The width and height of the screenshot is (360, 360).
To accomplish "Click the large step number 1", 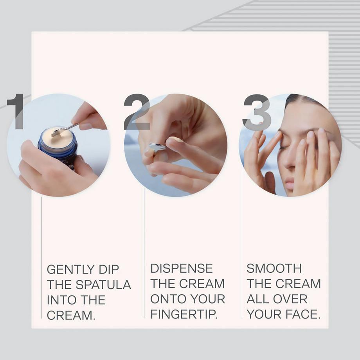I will click(16, 112).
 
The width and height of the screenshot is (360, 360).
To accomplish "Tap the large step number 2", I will click(137, 112).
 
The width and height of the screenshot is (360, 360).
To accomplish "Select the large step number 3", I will click(257, 112).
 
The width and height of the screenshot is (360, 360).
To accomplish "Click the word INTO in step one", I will click(59, 300).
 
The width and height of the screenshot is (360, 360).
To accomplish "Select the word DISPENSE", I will click(182, 268).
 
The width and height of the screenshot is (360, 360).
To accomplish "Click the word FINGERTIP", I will click(184, 314).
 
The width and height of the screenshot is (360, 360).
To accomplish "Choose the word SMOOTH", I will click(274, 268).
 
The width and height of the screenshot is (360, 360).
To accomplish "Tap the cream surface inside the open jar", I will click(58, 137).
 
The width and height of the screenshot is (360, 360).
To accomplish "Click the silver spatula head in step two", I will click(157, 147).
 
